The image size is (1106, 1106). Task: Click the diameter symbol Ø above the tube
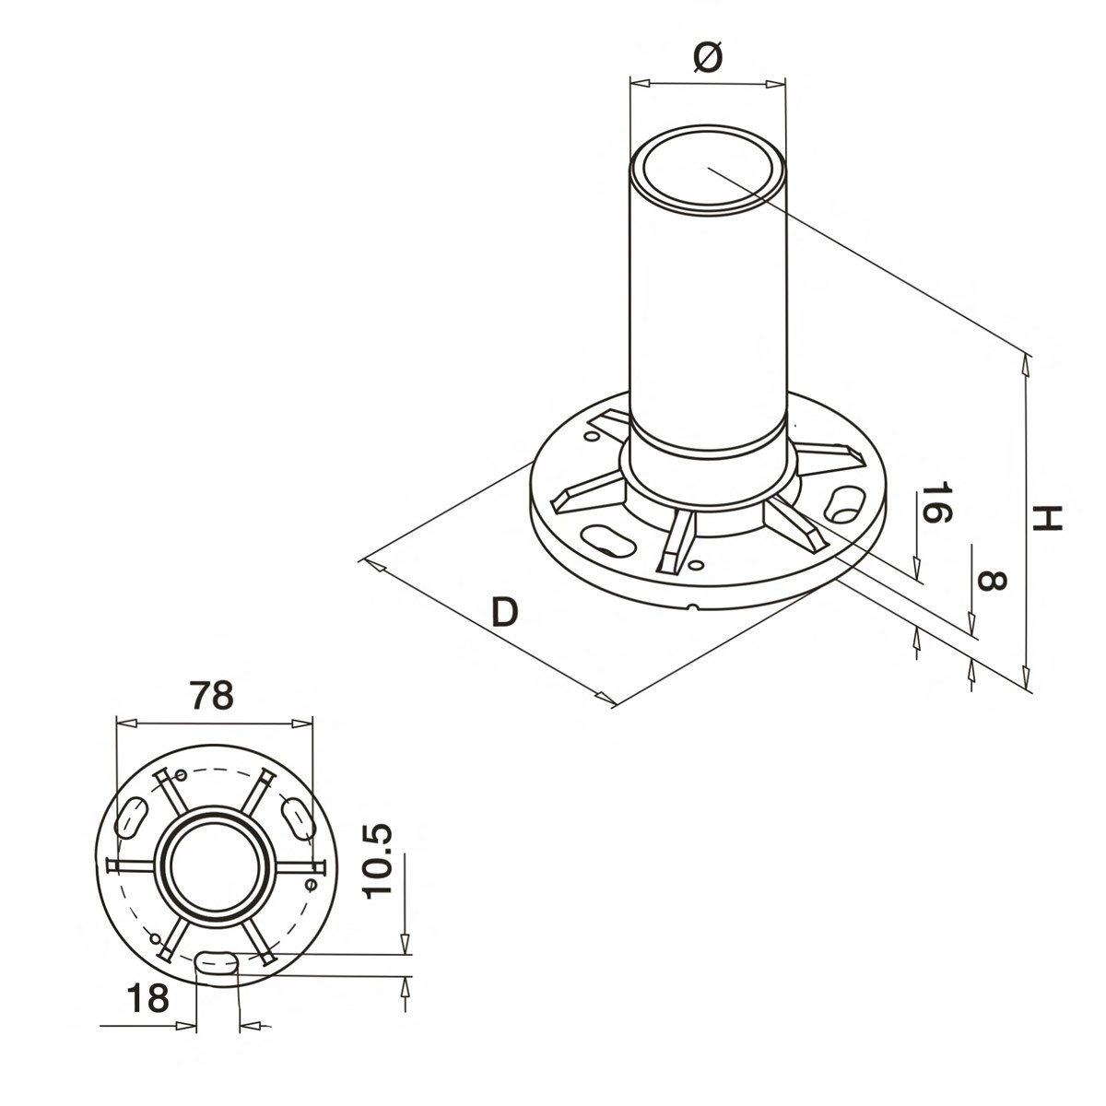[707, 57]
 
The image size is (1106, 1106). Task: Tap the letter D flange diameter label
[504, 612]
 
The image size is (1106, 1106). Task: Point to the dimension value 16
[933, 503]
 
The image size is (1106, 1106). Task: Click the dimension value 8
[991, 581]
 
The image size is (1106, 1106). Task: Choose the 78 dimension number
[210, 695]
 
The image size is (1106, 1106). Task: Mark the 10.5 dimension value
[378, 861]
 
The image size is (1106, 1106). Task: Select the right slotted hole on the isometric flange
[843, 503]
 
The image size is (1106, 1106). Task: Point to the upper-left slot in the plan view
[133, 816]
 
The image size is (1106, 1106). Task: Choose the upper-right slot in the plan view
[297, 816]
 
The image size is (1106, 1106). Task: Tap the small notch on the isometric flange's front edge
[693, 606]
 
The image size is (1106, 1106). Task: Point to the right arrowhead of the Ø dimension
[779, 84]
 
